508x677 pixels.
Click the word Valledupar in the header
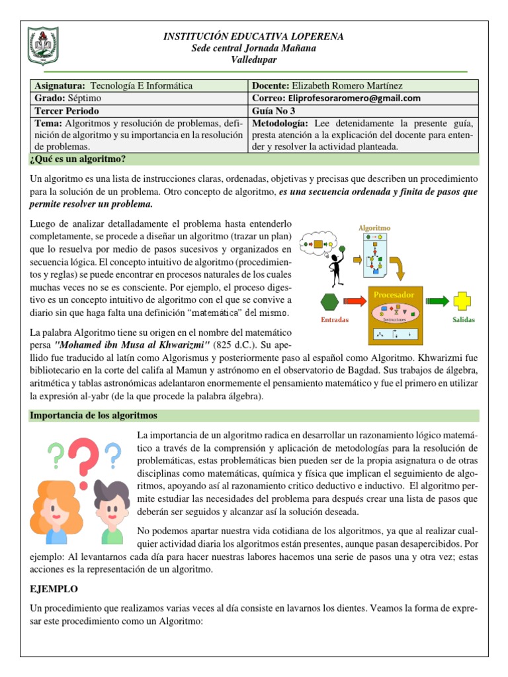click(x=254, y=60)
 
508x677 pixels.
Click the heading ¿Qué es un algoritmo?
click(x=78, y=159)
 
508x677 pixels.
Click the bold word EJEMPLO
click(x=54, y=588)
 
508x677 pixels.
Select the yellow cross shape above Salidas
click(x=463, y=301)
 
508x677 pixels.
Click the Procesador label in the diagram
click(x=394, y=294)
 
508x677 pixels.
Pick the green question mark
click(x=56, y=455)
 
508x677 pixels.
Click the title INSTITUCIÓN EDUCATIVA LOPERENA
click(x=254, y=36)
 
